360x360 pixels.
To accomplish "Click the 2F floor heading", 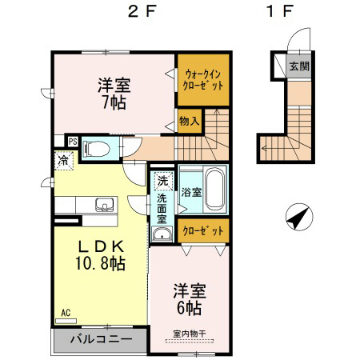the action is click(x=142, y=12).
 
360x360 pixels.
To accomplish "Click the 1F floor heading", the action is click(x=279, y=12).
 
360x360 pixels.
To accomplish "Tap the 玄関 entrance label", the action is click(x=299, y=66).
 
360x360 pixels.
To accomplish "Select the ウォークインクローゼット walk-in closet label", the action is click(x=203, y=79).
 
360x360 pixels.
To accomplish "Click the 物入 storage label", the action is click(x=190, y=122).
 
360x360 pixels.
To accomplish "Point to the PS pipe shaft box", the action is click(x=73, y=142).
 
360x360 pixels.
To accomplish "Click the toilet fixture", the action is click(x=96, y=149).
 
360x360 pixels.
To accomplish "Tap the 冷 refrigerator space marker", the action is click(x=64, y=161).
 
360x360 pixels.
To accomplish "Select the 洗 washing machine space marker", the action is click(x=162, y=181).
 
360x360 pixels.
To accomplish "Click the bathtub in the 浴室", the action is click(x=215, y=190).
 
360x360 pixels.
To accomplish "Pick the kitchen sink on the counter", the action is click(x=106, y=205).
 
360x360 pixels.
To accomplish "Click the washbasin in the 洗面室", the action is click(x=162, y=234).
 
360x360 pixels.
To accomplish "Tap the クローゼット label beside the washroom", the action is click(x=203, y=230).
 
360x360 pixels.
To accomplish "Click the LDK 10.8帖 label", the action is click(x=101, y=255).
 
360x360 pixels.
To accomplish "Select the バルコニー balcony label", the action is click(x=101, y=339).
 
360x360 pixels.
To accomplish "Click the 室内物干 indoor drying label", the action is click(x=190, y=334).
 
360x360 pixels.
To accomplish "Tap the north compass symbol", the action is click(x=299, y=217).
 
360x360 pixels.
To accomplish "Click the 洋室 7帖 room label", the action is click(x=114, y=94).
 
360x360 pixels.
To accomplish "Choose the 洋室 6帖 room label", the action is click(x=190, y=299).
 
